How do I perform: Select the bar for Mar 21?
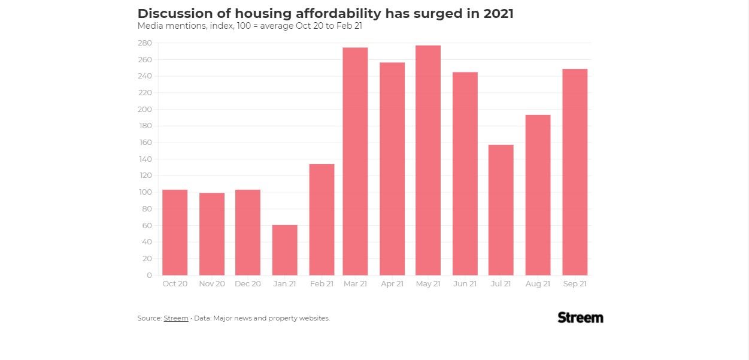pyautogui.click(x=355, y=161)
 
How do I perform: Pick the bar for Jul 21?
pyautogui.click(x=501, y=210)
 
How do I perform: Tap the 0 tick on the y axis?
pyautogui.click(x=149, y=276)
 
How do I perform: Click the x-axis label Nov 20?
pyautogui.click(x=212, y=284)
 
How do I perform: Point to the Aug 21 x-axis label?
pyautogui.click(x=538, y=284)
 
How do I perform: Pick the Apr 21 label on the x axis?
pyautogui.click(x=392, y=284)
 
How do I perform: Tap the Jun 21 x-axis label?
pyautogui.click(x=465, y=284)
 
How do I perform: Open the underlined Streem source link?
pyautogui.click(x=176, y=318)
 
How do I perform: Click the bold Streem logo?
pyautogui.click(x=580, y=317)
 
